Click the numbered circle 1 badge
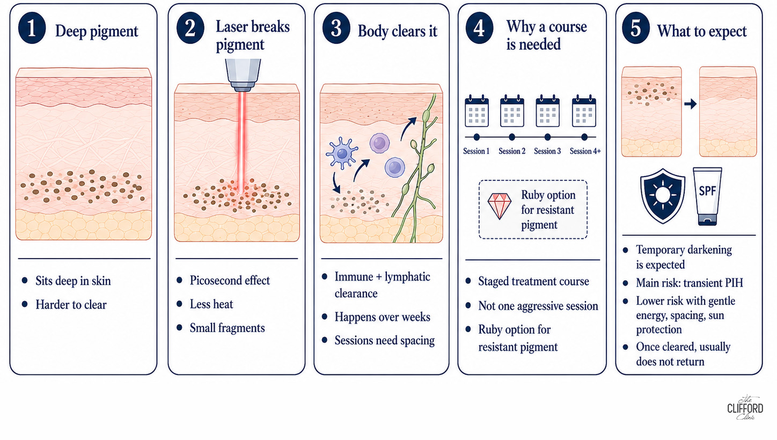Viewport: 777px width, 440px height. click(x=32, y=28)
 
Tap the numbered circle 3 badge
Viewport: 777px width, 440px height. click(x=336, y=28)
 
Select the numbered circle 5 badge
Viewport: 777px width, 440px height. click(x=636, y=28)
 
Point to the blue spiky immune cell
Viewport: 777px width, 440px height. click(x=342, y=153)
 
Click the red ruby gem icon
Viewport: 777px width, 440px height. click(x=499, y=206)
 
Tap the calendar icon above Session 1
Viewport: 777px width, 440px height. click(x=477, y=111)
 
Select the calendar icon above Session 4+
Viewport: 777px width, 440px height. click(x=584, y=111)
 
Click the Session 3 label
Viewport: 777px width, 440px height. click(x=547, y=151)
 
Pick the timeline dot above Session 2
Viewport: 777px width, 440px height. click(x=512, y=137)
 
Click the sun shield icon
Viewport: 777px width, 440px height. click(x=663, y=196)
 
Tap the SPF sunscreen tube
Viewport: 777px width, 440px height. click(x=707, y=196)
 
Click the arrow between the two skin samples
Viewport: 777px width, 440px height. click(x=691, y=104)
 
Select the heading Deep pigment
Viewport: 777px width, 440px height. click(x=97, y=32)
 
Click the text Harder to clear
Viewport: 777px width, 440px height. click(x=71, y=305)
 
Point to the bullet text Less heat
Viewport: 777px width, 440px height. click(x=211, y=304)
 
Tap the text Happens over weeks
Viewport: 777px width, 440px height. click(x=382, y=317)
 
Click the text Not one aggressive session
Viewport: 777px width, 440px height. click(x=538, y=306)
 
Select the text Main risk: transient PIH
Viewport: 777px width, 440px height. click(x=690, y=283)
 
